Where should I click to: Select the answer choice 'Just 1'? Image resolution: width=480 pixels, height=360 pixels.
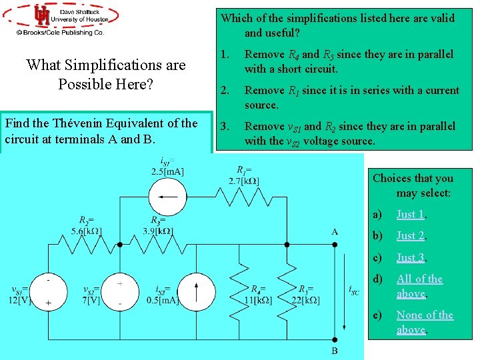(411, 214)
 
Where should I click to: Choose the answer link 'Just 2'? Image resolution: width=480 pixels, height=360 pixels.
(411, 235)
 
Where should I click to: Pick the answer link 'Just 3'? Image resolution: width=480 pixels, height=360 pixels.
(411, 257)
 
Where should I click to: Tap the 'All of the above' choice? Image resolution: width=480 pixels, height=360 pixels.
(419, 286)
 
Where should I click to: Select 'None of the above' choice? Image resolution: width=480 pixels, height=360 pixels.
(425, 322)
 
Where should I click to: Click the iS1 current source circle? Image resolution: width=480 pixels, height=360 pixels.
(165, 198)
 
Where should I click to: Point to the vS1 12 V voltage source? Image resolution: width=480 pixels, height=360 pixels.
(49, 291)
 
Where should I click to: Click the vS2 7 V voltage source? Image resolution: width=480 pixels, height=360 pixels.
(120, 292)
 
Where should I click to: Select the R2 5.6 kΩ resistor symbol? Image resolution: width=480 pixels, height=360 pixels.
(84, 245)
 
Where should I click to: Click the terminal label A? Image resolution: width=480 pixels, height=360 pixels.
(334, 232)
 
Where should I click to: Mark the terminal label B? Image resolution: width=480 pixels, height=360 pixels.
(334, 351)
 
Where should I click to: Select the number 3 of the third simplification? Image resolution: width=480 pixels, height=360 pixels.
(223, 126)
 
